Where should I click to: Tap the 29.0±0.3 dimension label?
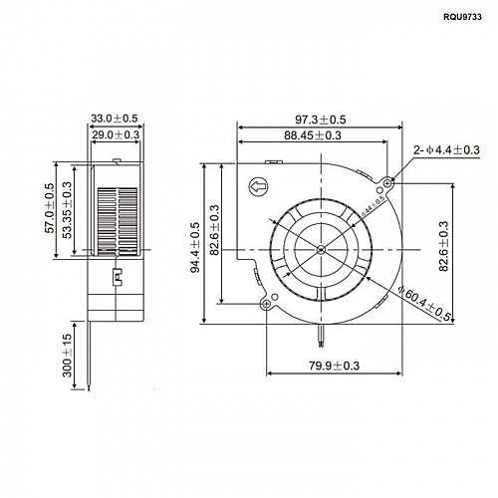[x=119, y=132]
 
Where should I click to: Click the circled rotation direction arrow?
[x=257, y=185]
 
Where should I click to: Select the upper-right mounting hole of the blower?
[x=385, y=182]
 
